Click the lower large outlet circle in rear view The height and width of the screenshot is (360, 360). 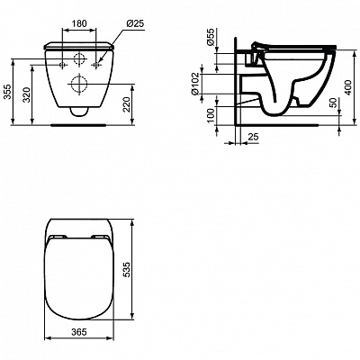point(79,88)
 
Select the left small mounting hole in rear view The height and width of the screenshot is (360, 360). point(60,66)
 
